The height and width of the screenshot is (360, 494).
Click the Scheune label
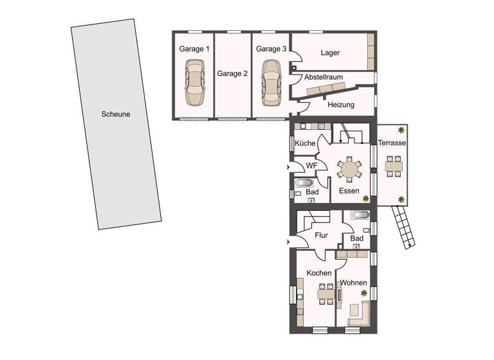tap(116, 114)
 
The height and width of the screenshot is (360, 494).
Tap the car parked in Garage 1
tap(195, 82)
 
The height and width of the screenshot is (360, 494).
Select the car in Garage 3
tap(271, 82)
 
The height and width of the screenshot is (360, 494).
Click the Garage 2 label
tap(232, 73)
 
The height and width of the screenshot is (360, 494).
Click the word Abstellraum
tap(324, 76)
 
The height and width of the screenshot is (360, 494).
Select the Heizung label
tap(341, 104)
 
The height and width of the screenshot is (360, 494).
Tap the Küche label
tap(305, 143)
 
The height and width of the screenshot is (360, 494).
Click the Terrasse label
tap(392, 143)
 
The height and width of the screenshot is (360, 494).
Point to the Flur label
tap(321, 235)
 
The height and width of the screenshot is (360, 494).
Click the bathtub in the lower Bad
tap(360, 215)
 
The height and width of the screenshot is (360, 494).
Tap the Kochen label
tap(319, 273)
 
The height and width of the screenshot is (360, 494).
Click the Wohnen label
tap(353, 283)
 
